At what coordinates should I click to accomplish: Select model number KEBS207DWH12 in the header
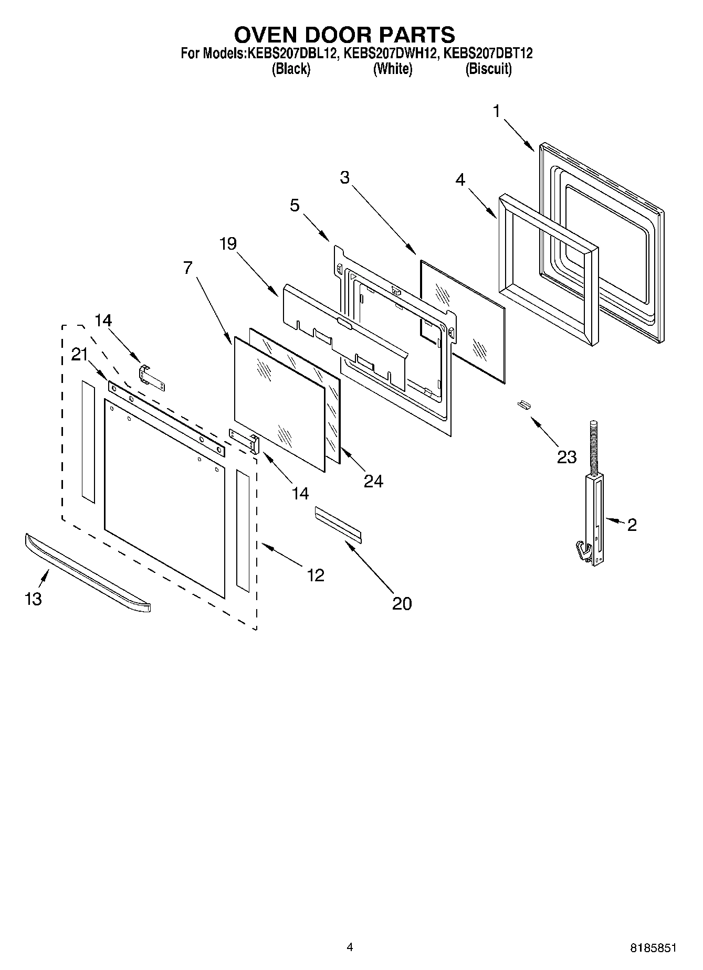tap(389, 54)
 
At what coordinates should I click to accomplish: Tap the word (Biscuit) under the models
tap(488, 69)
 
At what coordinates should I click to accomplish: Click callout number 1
tap(496, 111)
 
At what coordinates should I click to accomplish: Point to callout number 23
tap(566, 457)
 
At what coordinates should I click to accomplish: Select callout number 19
tap(228, 243)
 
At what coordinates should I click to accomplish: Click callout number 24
tap(373, 481)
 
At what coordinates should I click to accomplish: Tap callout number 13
tap(33, 599)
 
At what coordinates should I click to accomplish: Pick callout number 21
tap(79, 355)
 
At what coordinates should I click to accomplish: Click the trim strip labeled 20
tap(338, 523)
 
